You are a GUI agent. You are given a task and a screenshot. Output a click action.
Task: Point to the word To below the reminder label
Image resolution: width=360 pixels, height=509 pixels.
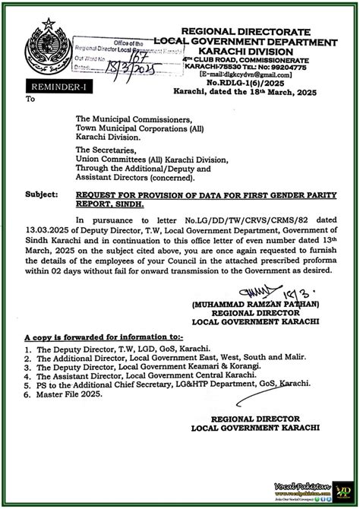tap(30, 99)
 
